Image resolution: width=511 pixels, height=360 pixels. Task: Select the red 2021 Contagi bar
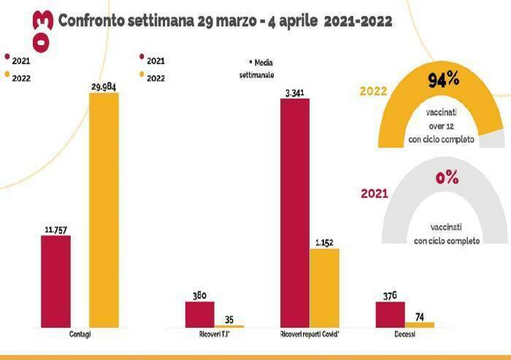[x=55, y=280]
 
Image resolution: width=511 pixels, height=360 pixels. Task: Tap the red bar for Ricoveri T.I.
[x=200, y=313]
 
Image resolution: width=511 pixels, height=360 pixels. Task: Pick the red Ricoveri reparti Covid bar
[x=295, y=212]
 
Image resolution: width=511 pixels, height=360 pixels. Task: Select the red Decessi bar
[x=390, y=314]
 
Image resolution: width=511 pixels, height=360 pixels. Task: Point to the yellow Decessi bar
[x=419, y=323]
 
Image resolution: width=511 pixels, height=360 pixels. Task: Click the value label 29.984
[x=114, y=87]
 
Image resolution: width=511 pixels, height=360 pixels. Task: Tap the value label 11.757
[x=55, y=229]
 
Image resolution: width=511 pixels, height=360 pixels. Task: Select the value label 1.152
[x=324, y=242]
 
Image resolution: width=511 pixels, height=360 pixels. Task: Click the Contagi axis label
[x=85, y=334]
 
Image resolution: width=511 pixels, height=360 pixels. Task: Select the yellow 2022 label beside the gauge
[x=373, y=91]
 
